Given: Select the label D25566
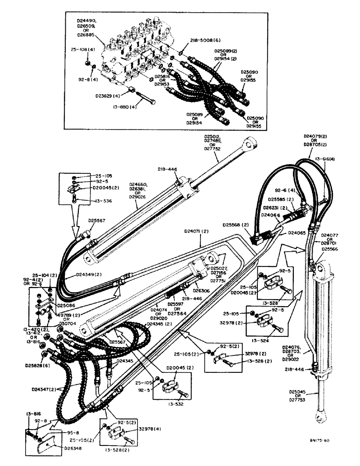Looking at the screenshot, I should pos(326,249).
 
